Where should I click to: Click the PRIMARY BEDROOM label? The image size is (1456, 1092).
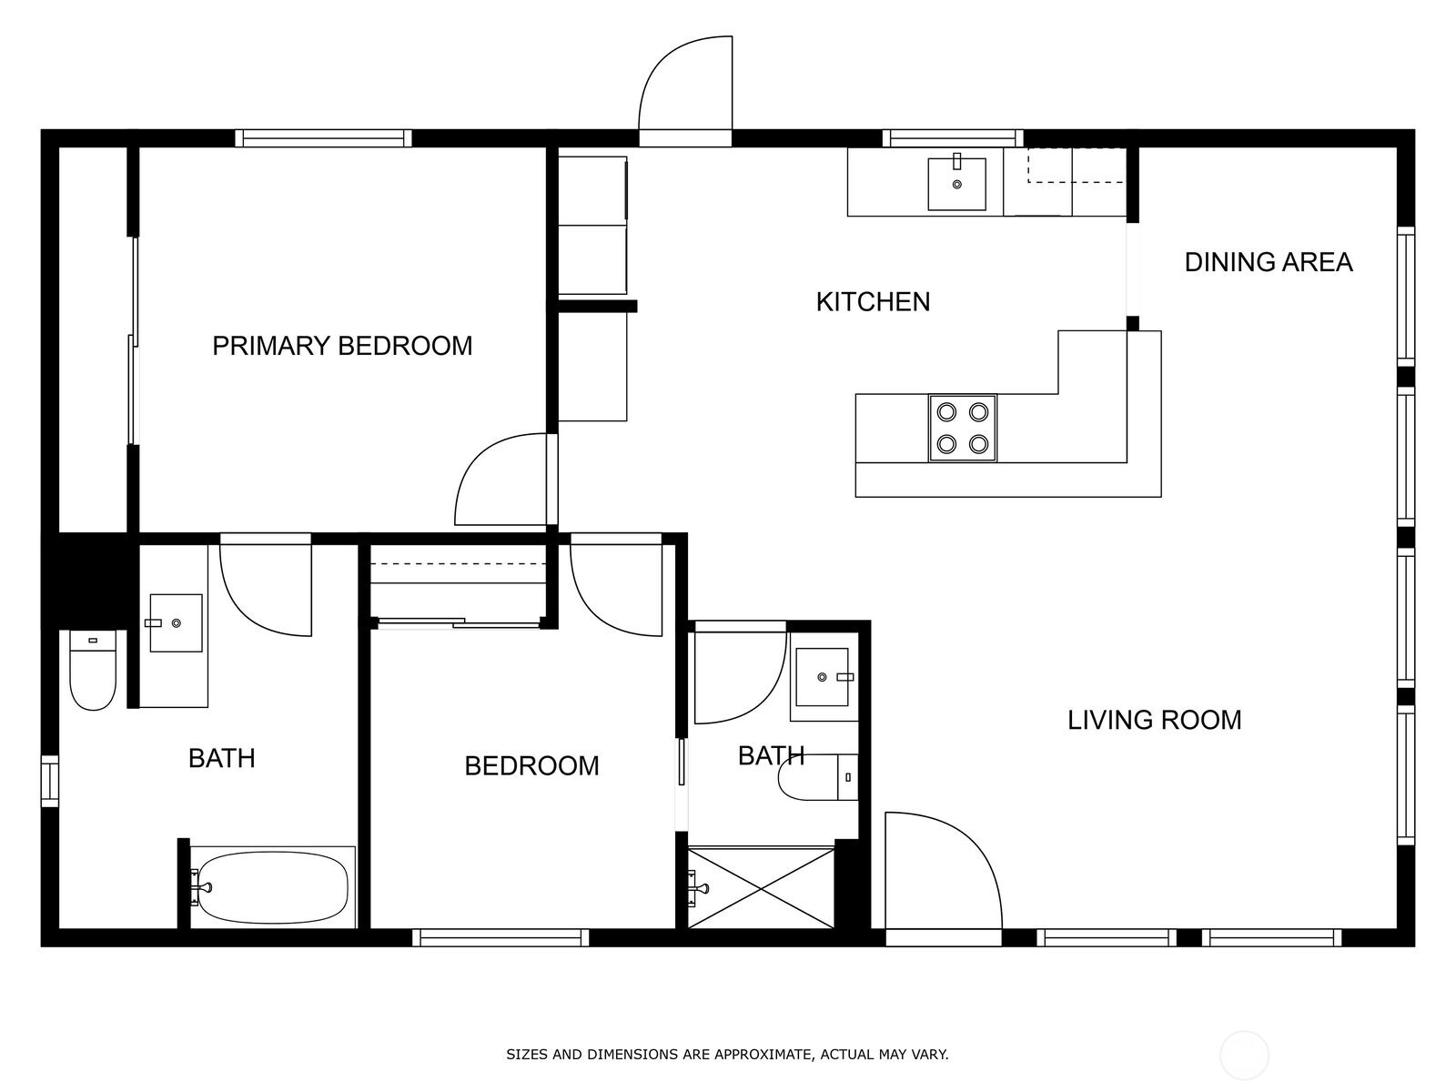[342, 346]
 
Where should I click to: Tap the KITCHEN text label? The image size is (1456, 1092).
[873, 302]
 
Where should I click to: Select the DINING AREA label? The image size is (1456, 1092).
[1269, 263]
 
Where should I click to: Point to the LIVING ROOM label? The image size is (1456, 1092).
[1154, 720]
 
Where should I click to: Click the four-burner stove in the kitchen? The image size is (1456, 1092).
[963, 429]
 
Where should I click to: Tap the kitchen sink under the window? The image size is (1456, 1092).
[956, 184]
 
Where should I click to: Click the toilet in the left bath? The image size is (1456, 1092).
[93, 670]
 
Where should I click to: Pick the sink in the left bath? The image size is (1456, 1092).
[176, 623]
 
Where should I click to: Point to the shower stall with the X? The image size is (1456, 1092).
[761, 888]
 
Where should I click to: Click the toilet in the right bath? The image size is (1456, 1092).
[818, 777]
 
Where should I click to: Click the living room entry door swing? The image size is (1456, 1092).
[944, 871]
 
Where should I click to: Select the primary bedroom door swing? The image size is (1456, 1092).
[505, 480]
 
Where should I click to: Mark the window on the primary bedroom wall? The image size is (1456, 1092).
[323, 138]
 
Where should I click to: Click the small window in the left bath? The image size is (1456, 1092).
[50, 781]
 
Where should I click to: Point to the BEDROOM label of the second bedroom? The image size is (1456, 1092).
[531, 766]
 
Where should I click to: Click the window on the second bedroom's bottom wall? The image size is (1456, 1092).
[500, 937]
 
